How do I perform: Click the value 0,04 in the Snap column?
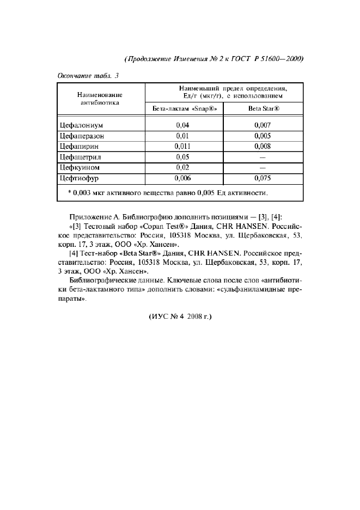click(x=182, y=125)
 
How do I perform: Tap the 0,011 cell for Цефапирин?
click(x=182, y=146)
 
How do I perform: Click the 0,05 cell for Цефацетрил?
click(x=182, y=157)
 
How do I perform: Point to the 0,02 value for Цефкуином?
click(x=182, y=167)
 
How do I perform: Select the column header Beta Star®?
click(x=264, y=108)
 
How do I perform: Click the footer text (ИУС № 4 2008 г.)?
click(x=179, y=316)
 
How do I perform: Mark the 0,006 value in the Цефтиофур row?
click(x=182, y=178)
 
